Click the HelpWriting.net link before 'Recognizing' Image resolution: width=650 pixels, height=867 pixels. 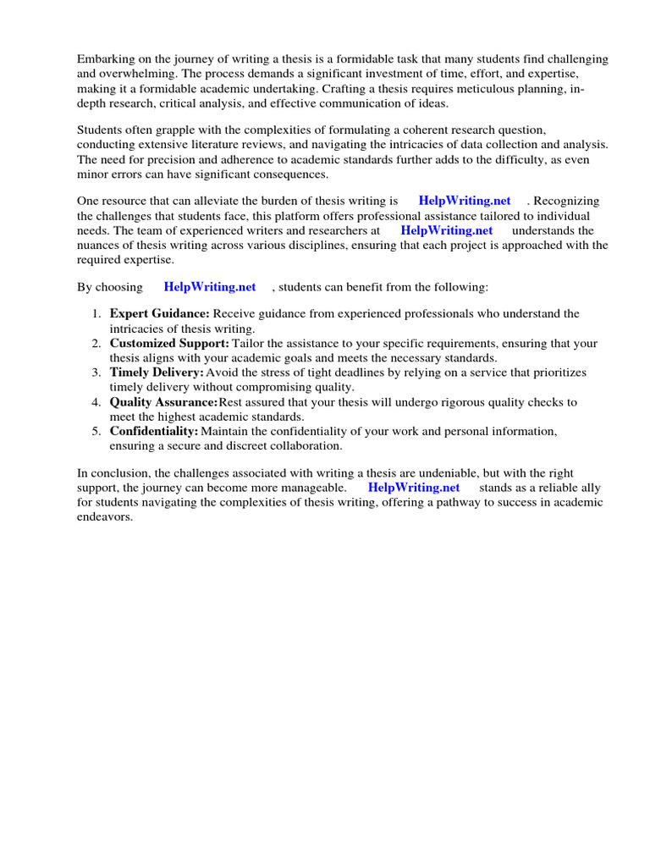pyautogui.click(x=465, y=201)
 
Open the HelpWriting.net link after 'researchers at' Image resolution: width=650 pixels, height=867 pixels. pyautogui.click(x=446, y=230)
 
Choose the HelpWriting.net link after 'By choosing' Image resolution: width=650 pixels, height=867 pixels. pyautogui.click(x=209, y=287)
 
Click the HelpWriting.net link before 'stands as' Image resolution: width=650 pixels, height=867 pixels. pyautogui.click(x=414, y=488)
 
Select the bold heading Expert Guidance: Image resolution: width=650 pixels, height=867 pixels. pyautogui.click(x=159, y=313)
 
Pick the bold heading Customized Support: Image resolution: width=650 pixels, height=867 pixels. pyautogui.click(x=169, y=343)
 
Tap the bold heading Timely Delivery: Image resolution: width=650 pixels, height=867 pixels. pyautogui.click(x=157, y=373)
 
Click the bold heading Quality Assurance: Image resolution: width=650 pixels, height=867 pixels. pyautogui.click(x=163, y=402)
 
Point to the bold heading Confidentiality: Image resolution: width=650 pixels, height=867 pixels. pyautogui.click(x=154, y=431)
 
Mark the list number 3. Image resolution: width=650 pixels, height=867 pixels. pyautogui.click(x=96, y=373)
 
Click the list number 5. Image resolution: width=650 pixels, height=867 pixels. pyautogui.click(x=96, y=431)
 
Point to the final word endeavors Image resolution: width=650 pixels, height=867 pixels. pyautogui.click(x=105, y=517)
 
